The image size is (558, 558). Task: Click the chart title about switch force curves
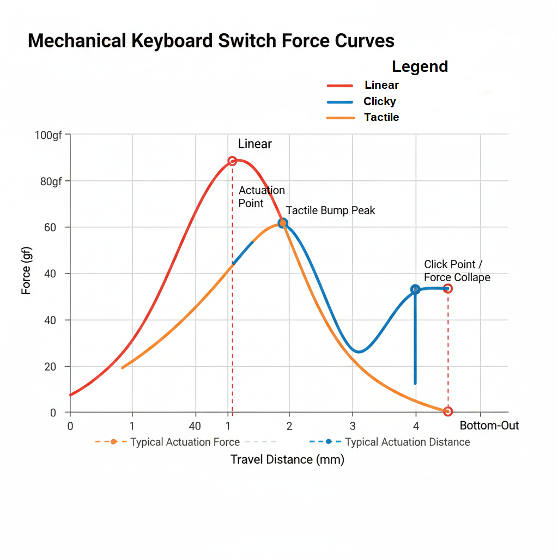tap(211, 41)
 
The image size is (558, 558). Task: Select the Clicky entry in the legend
tap(380, 101)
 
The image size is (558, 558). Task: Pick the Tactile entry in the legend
tap(381, 117)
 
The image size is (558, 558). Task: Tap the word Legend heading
tap(420, 66)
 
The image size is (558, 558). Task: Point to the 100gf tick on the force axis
tap(48, 135)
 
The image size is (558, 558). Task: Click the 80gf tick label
tap(51, 181)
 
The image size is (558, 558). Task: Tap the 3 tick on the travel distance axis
tap(353, 426)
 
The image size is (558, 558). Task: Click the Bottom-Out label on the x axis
tap(489, 426)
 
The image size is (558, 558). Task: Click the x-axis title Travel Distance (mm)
tap(287, 459)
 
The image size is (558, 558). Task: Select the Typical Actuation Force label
tap(185, 442)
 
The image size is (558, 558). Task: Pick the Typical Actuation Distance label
tap(408, 442)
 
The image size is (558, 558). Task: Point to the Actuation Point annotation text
tap(262, 197)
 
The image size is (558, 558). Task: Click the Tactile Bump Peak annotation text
tap(330, 210)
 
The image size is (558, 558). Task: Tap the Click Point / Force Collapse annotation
tap(457, 271)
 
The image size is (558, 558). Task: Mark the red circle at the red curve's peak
tap(232, 161)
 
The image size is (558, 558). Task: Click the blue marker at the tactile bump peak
tap(282, 223)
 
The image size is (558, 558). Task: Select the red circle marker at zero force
tap(448, 411)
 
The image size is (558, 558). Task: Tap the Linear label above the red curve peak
tap(254, 144)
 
